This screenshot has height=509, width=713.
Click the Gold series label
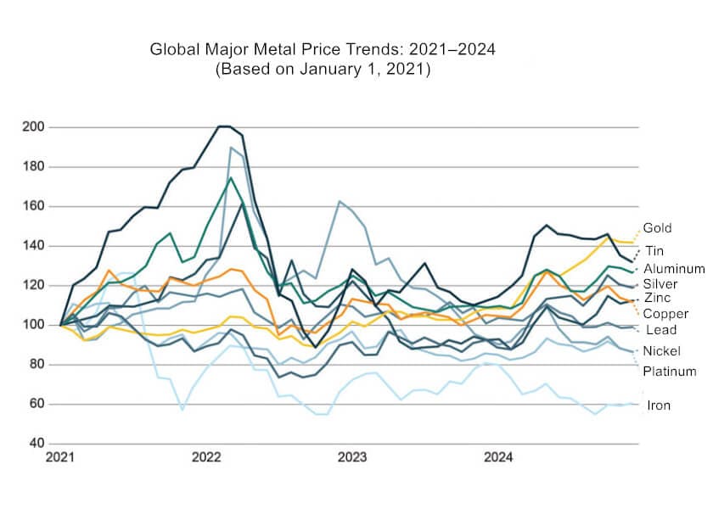click(x=657, y=228)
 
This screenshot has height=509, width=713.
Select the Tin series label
click(x=654, y=251)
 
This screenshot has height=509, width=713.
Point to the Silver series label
click(x=660, y=283)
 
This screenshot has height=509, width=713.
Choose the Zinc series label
click(x=657, y=298)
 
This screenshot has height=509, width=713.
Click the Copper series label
click(x=665, y=314)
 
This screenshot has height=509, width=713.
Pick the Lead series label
click(x=660, y=330)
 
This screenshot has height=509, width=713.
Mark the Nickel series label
click(x=662, y=351)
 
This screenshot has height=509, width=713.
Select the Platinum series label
click(x=669, y=372)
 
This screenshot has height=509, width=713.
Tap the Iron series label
click(x=659, y=406)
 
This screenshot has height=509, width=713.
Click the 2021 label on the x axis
click(x=59, y=458)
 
